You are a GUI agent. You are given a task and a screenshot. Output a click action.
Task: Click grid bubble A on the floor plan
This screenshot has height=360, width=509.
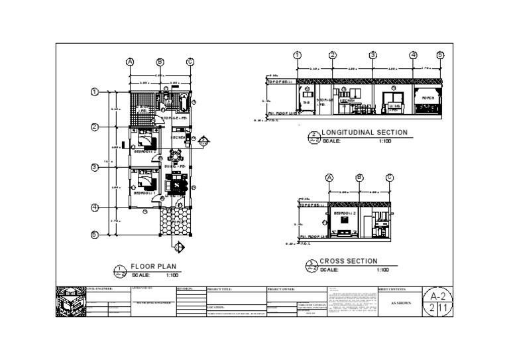click(x=130, y=62)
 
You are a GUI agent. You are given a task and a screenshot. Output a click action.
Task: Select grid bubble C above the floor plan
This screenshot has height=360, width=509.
click(x=190, y=62)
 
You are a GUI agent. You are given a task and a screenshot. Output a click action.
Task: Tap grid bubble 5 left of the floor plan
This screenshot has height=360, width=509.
click(x=95, y=234)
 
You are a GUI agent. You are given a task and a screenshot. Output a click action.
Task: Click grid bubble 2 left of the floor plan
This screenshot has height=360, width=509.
click(x=95, y=127)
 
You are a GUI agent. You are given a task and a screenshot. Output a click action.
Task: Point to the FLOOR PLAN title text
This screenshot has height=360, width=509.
click(x=153, y=265)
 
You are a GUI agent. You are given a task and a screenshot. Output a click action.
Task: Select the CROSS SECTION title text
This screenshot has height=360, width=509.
click(x=349, y=261)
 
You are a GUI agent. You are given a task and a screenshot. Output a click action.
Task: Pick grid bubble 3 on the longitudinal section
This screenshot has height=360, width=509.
click(x=373, y=55)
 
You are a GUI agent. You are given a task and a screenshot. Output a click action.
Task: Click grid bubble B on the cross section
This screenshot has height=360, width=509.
click(x=359, y=177)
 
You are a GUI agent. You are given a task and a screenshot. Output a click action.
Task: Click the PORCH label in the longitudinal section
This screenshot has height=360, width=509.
click(x=428, y=97)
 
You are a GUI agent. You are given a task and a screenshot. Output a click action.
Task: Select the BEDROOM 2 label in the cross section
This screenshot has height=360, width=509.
click(x=345, y=213)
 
